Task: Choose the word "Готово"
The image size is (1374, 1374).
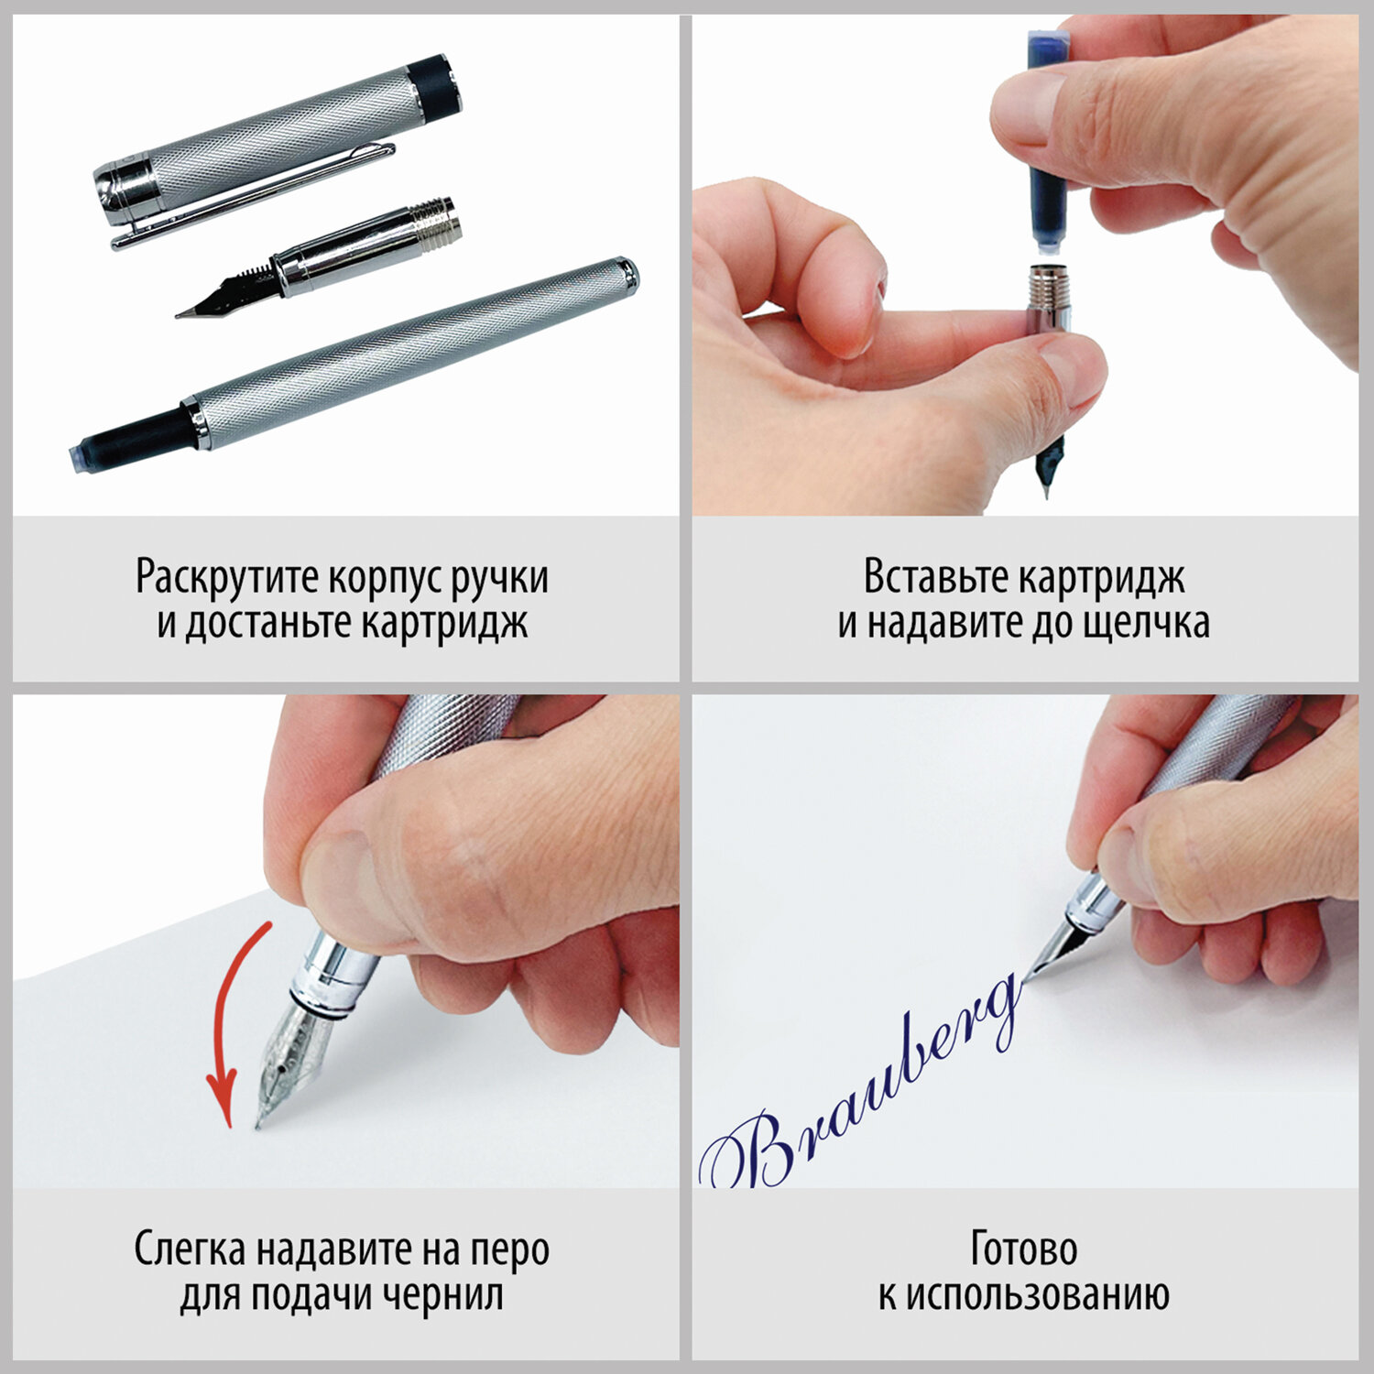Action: (x=1024, y=1249)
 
